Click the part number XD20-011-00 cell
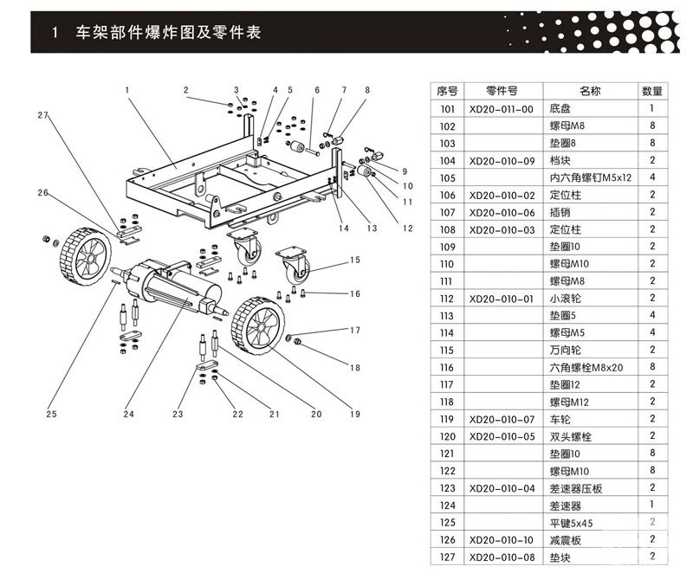point(501,110)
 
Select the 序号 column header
point(447,91)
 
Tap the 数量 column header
point(651,91)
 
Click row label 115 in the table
point(447,351)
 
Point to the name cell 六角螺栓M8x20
point(586,367)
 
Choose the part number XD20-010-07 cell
point(501,419)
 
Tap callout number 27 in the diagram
point(42,115)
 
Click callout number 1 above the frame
point(126,89)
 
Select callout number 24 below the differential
point(129,414)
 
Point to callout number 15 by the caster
point(354,260)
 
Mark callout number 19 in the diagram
point(354,414)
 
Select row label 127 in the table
point(447,557)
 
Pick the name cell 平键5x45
point(571,522)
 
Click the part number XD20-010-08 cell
point(501,557)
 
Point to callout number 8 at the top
point(366,89)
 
